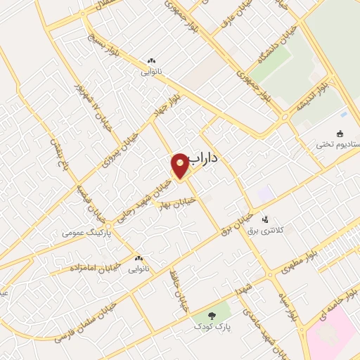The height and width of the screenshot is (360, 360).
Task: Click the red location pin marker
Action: (179, 165)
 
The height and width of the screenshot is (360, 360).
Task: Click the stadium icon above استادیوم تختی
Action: (340, 134)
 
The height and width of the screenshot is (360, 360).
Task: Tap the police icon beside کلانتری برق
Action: (264, 219)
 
